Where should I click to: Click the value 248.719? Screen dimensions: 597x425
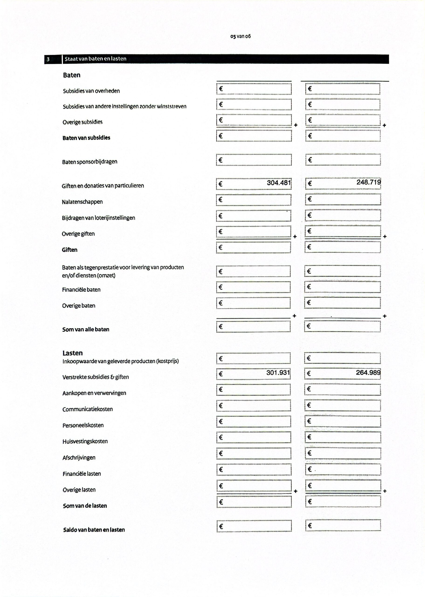pyautogui.click(x=369, y=182)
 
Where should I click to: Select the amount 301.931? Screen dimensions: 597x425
pyautogui.click(x=278, y=372)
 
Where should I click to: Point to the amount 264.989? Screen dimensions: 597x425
pyautogui.click(x=368, y=372)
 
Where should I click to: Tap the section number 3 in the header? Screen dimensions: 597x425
pyautogui.click(x=48, y=59)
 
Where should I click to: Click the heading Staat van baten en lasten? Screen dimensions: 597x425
pyautogui.click(x=96, y=59)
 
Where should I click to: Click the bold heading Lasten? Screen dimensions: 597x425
pyautogui.click(x=73, y=353)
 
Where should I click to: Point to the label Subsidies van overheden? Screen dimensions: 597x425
pyautogui.click(x=91, y=91)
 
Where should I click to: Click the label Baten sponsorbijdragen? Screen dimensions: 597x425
pyautogui.click(x=90, y=162)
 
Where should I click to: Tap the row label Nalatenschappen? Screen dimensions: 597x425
pyautogui.click(x=82, y=202)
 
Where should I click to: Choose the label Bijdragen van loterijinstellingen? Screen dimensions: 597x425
pyautogui.click(x=98, y=218)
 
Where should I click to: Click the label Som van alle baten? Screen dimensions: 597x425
pyautogui.click(x=86, y=329)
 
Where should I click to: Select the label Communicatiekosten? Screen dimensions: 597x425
pyautogui.click(x=87, y=409)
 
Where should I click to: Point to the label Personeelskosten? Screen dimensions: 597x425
pyautogui.click(x=83, y=425)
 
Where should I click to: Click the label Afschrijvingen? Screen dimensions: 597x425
pyautogui.click(x=79, y=458)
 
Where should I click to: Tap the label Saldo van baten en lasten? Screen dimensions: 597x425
pyautogui.click(x=94, y=530)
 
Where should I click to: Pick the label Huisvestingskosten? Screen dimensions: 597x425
pyautogui.click(x=85, y=441)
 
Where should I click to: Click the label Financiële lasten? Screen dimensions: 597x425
pyautogui.click(x=82, y=473)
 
